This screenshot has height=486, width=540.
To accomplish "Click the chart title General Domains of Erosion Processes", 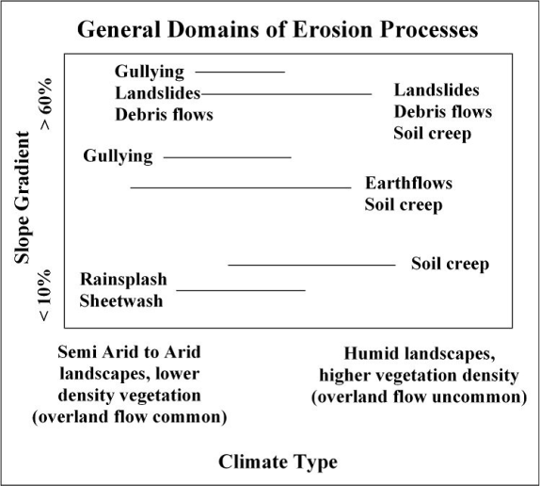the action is coord(278,29).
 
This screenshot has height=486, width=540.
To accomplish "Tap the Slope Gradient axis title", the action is coord(23,198).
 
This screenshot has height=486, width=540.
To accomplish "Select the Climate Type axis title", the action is coord(278,462).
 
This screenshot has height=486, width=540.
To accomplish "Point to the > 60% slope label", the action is coord(45,105).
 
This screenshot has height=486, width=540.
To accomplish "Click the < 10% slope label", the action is coord(45,296).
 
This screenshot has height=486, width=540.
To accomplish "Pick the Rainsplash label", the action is coord(123,279).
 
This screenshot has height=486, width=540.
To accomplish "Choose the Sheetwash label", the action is coord(120,300).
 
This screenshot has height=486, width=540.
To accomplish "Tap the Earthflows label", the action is coord(409,183).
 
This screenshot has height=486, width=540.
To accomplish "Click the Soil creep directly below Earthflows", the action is coord(404,204).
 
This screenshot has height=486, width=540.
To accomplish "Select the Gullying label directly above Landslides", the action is coord(150,72).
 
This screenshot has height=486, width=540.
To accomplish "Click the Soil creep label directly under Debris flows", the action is coord(433,134).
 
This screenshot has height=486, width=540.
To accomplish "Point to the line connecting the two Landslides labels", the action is coord(287,94).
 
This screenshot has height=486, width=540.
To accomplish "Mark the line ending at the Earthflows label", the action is coord(241,187).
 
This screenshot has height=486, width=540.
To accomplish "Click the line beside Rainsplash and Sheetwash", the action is coord(241,291).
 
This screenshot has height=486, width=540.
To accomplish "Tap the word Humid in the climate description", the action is coord(368,353).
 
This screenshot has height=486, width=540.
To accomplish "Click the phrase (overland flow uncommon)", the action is coord(420,397).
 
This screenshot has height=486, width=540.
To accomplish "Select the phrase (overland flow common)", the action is coord(130,417).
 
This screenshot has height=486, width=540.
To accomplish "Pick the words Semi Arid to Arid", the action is coord(129,352).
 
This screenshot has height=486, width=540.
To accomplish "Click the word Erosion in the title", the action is coord(333,29).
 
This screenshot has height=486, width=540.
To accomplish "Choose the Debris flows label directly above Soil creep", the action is coord(443,112).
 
